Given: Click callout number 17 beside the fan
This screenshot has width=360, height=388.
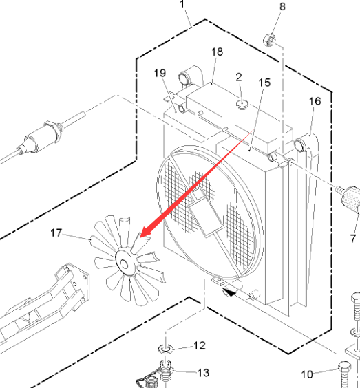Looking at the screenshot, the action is pos(56,233).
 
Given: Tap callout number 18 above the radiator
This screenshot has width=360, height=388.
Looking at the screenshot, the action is pos(217,52).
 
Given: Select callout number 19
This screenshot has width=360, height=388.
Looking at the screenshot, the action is pos(160,73).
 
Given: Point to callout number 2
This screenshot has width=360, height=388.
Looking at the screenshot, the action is pos(238,78).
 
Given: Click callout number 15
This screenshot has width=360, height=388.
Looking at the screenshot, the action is pos(264,83).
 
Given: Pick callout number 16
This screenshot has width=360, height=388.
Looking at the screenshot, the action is pos(315,101).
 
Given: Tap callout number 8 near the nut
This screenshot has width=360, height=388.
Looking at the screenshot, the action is pos(282,7).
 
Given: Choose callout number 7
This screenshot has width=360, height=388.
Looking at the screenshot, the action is pos(353,239).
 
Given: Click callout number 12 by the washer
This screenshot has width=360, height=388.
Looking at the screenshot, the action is pos(200,345).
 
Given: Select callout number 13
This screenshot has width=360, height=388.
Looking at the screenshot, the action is pos(204,373).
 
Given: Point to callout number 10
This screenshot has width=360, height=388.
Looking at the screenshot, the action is pos(307,375).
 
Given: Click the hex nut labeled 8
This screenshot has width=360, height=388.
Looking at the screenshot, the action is pos(269,40).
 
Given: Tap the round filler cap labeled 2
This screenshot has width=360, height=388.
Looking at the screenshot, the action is pos(242,104).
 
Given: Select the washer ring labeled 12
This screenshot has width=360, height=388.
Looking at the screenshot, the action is pos(166,349).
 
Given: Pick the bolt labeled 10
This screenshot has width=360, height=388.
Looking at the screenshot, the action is pos(345,375).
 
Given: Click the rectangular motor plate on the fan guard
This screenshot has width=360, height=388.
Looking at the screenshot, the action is pos(206,213).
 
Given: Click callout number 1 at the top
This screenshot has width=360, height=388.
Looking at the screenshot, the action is pos(182,4).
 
